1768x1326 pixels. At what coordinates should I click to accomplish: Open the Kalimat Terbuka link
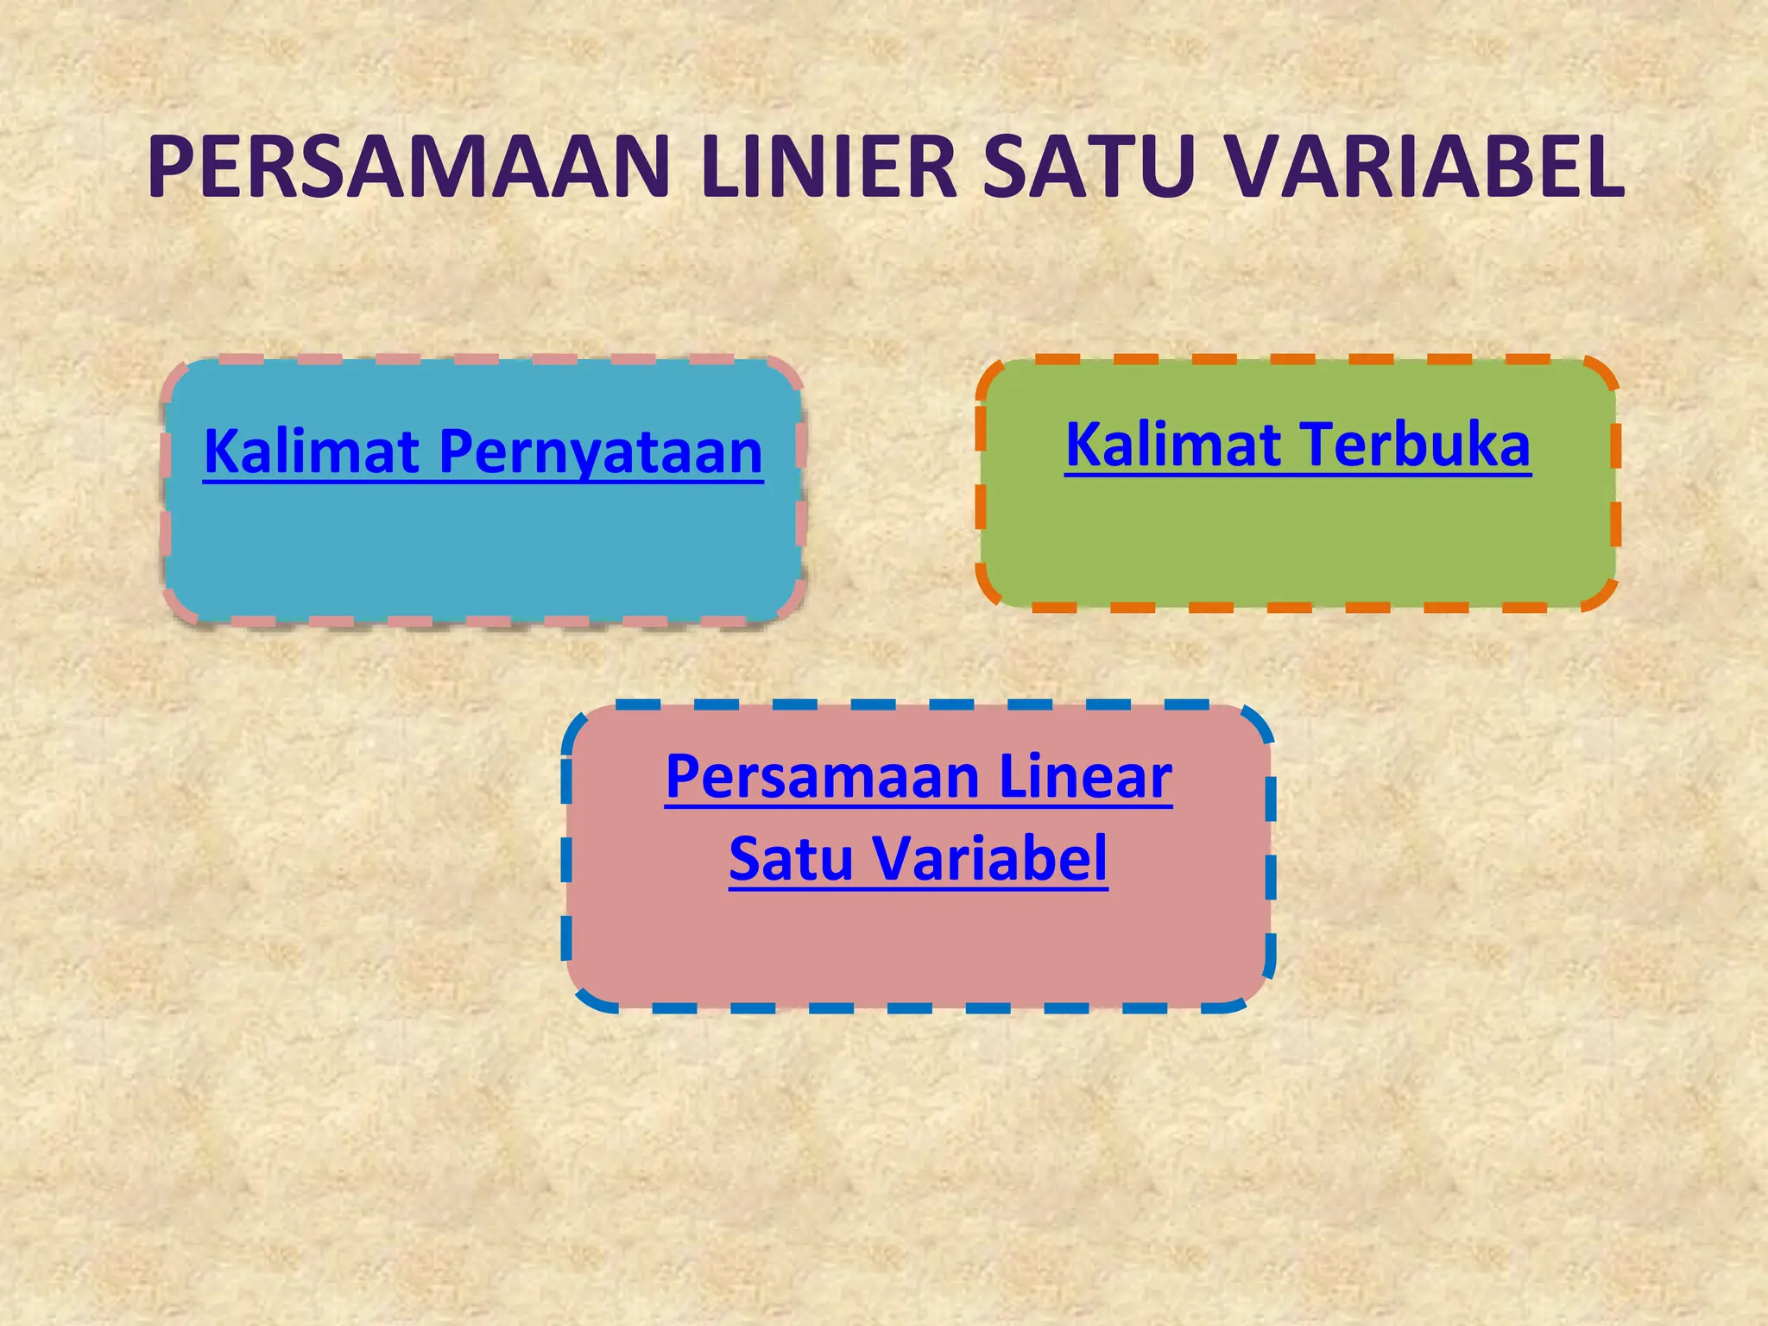point(1298,445)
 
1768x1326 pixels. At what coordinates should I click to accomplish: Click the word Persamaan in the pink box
point(822,777)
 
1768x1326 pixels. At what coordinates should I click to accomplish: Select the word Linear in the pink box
point(1085,777)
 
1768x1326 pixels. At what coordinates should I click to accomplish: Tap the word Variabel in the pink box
point(989,859)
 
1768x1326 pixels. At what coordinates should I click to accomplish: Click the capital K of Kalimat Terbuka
point(1084,445)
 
